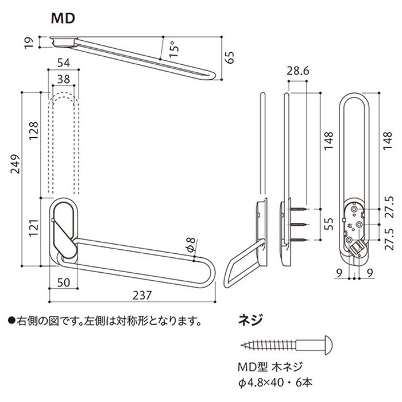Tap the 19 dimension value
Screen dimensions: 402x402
pyautogui.click(x=28, y=42)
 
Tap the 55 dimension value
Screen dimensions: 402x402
pyautogui.click(x=328, y=223)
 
